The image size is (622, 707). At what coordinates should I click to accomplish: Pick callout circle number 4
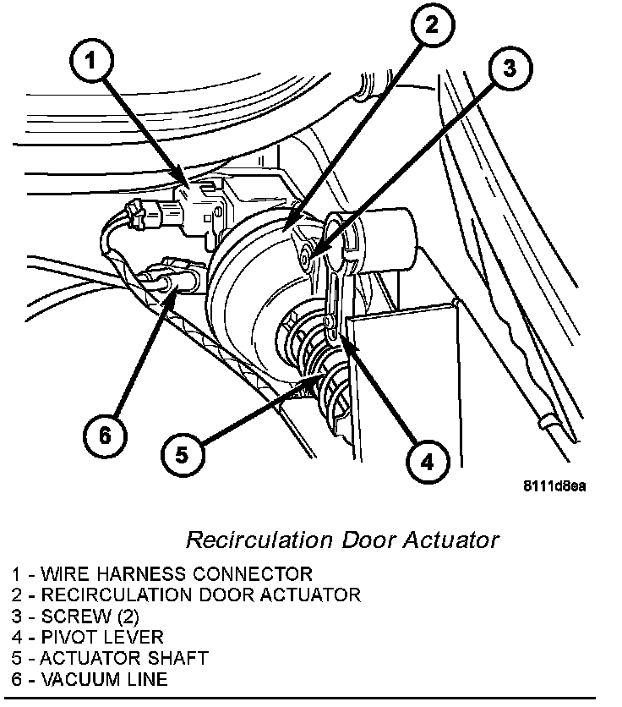(425, 462)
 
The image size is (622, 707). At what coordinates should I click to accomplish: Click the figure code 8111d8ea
(554, 487)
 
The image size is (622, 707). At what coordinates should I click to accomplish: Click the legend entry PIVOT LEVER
(90, 637)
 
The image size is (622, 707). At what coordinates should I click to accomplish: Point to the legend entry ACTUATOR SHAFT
(110, 658)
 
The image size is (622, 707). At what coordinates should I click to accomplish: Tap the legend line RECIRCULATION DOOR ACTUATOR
(186, 595)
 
